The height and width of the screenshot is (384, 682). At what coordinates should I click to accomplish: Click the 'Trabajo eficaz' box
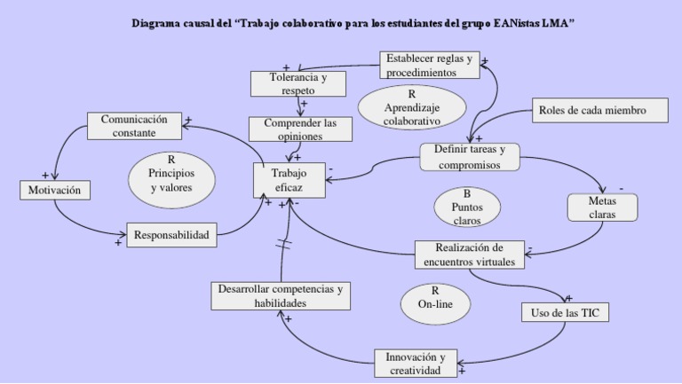pos(289,180)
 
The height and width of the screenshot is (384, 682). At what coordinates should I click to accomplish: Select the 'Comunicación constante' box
pos(134,126)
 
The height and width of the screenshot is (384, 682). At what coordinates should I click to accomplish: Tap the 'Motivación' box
pos(54,190)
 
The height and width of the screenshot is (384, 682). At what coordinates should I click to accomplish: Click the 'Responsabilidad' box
pos(170,235)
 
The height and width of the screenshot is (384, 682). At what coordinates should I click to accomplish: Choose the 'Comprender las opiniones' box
pos(300,129)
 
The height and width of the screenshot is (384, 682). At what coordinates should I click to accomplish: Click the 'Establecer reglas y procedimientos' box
pos(428,66)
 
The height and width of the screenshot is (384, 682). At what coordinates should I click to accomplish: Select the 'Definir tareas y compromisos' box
pos(469,157)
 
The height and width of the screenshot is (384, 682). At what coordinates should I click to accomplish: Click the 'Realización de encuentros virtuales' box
pos(470,254)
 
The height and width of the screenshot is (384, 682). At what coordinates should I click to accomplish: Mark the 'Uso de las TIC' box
pos(565,312)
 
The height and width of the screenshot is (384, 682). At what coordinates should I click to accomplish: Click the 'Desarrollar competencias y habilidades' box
pos(281,295)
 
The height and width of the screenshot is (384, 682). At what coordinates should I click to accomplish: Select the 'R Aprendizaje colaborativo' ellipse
pos(411,107)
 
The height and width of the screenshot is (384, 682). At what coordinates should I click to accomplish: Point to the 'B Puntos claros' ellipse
pos(467,207)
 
